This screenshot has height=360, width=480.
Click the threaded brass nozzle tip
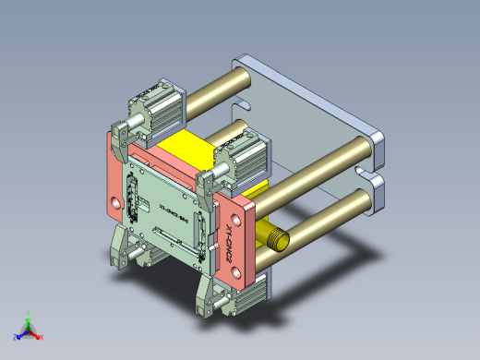[x=276, y=238]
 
